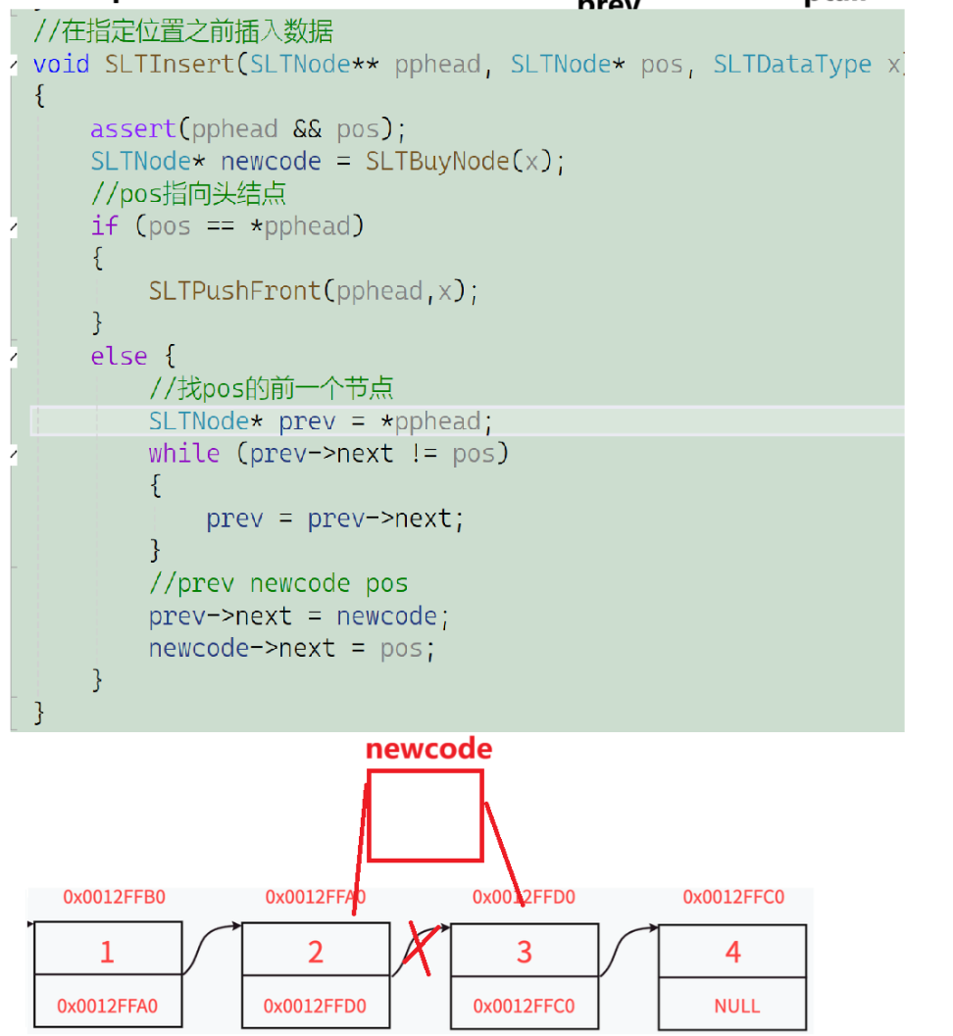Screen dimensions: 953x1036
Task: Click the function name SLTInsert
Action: (x=172, y=65)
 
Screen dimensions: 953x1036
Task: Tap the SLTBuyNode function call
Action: (x=437, y=162)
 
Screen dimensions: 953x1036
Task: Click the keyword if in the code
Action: (x=104, y=226)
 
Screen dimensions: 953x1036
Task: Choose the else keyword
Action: (x=119, y=356)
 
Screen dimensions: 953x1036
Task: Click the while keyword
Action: (x=184, y=454)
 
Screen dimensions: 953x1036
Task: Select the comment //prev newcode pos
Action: (x=277, y=584)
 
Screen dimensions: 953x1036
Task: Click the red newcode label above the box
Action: (x=428, y=750)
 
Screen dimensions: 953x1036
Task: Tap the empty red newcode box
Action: (x=425, y=815)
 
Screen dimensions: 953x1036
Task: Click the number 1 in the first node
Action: (x=107, y=952)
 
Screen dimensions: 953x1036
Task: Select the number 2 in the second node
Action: (x=316, y=952)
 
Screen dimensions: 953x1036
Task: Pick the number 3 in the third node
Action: (x=524, y=952)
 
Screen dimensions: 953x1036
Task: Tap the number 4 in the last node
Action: (x=732, y=952)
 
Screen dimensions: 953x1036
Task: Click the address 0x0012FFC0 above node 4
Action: (x=733, y=897)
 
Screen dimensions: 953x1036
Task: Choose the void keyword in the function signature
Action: (x=62, y=65)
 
